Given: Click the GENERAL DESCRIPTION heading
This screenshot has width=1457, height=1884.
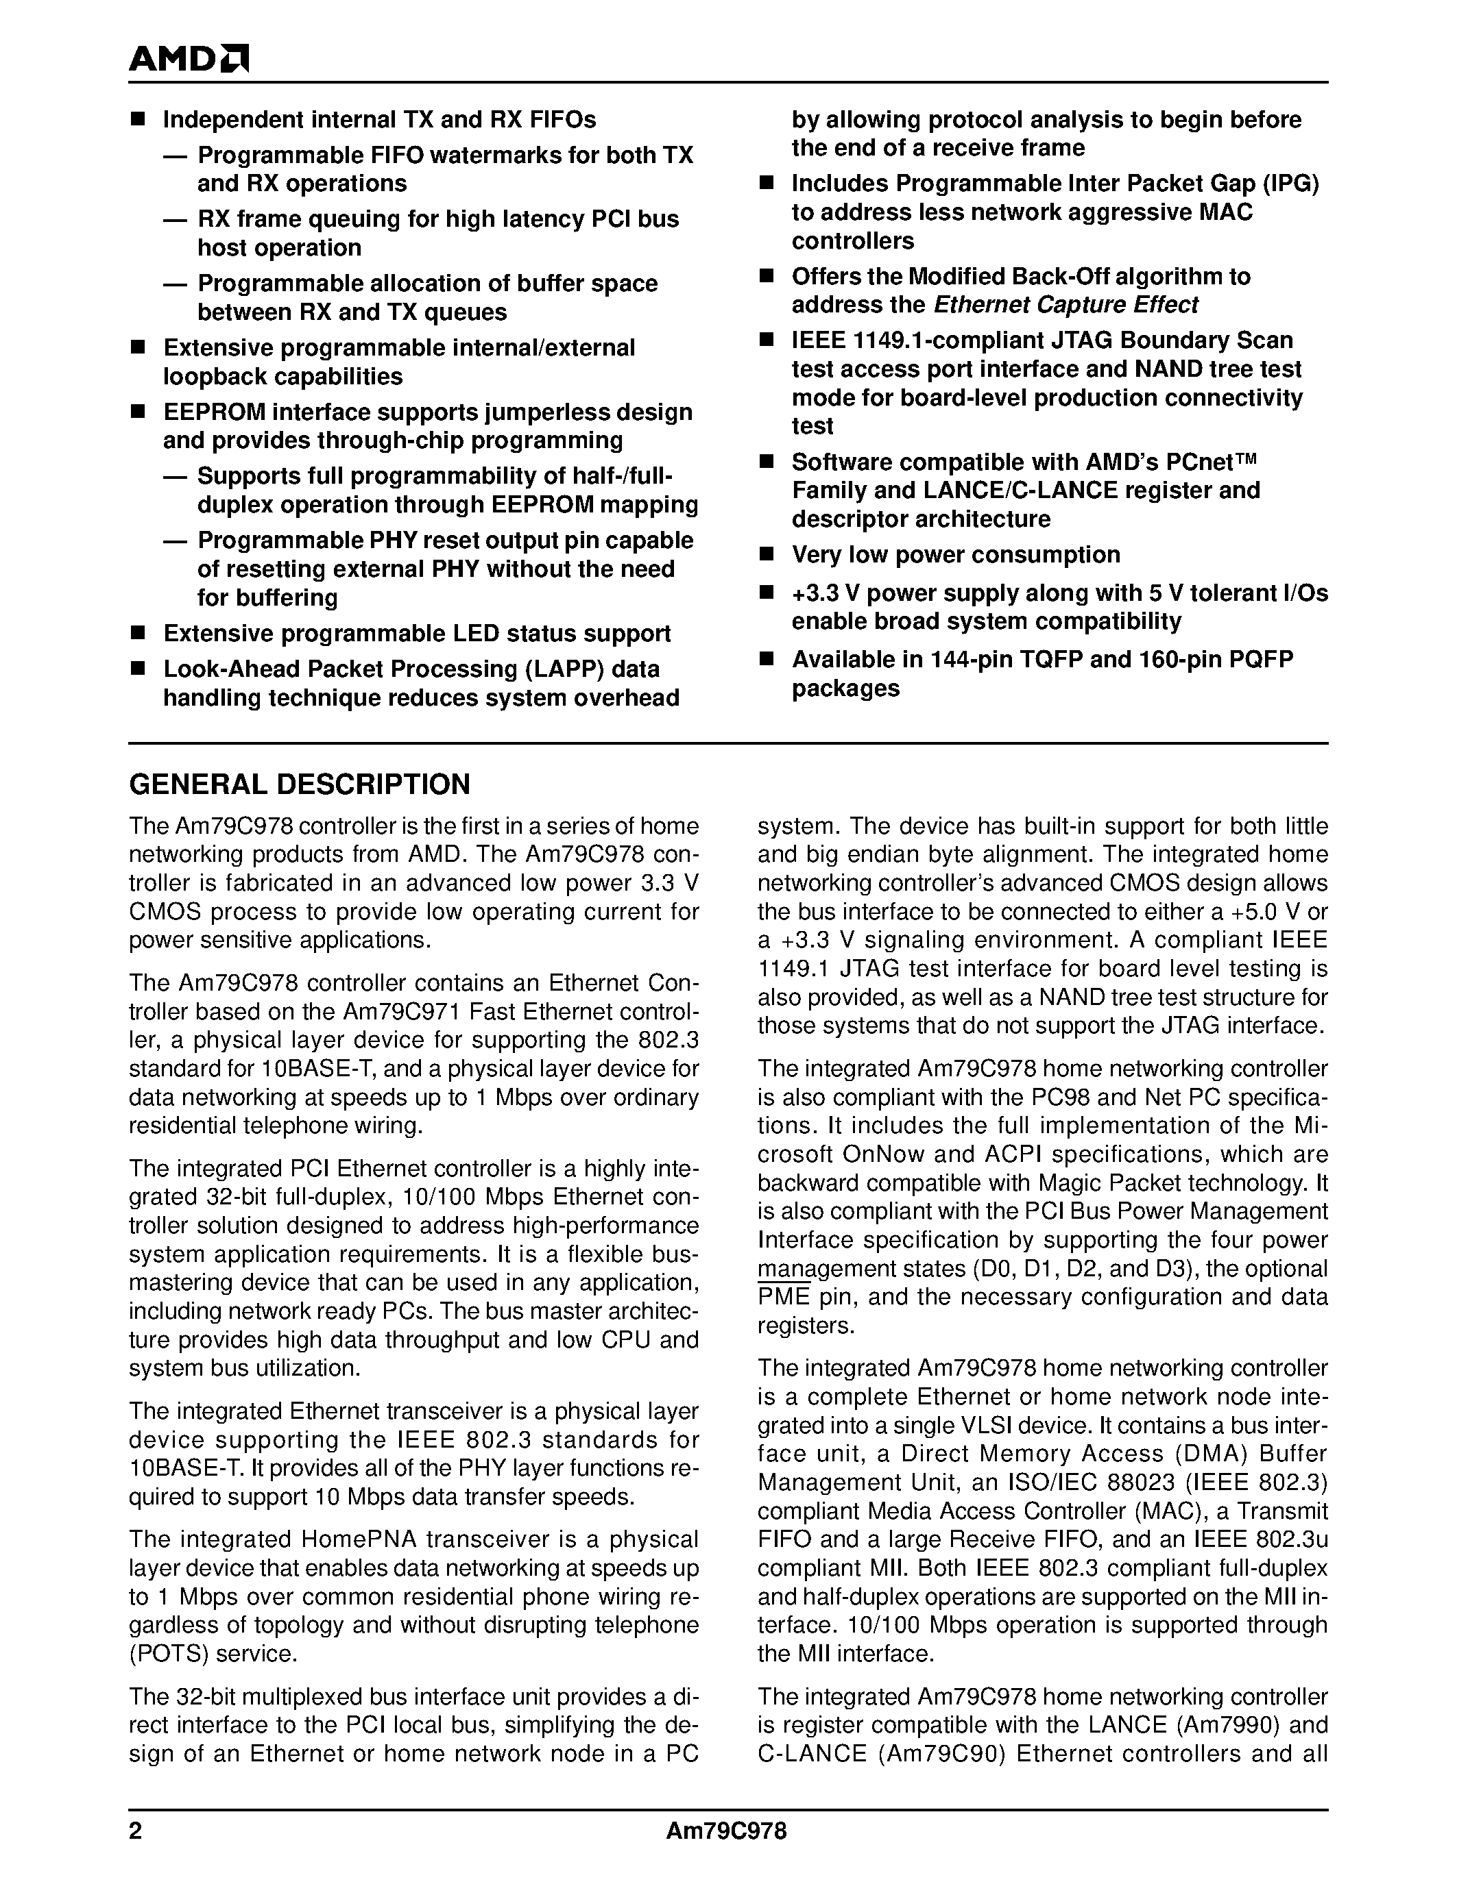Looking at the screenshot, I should tap(300, 784).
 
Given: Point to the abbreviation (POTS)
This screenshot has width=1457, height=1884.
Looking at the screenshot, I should tap(168, 1654).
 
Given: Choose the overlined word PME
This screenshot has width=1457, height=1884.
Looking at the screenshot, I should tap(784, 1297).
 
